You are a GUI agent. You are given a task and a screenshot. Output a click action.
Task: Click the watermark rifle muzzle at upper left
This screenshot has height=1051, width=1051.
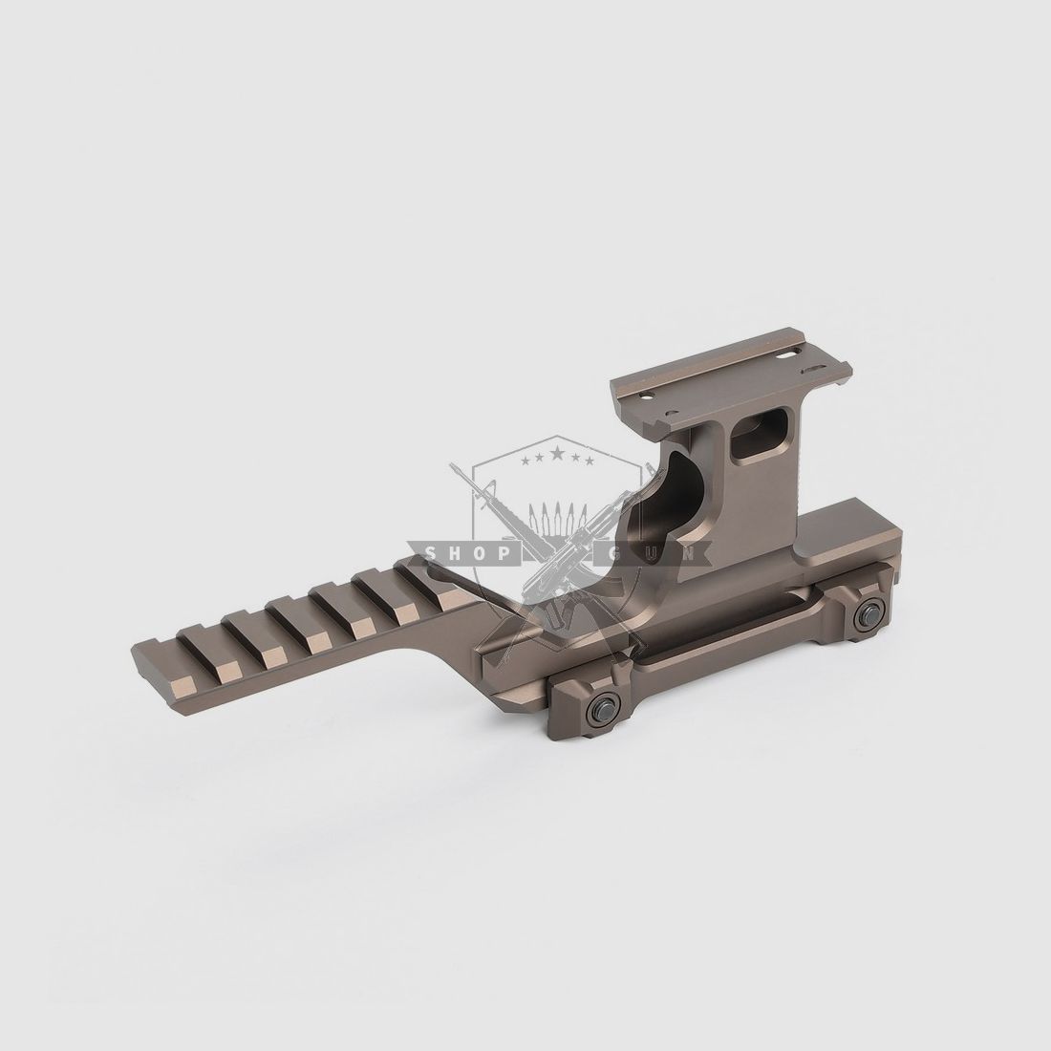point(457,471)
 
